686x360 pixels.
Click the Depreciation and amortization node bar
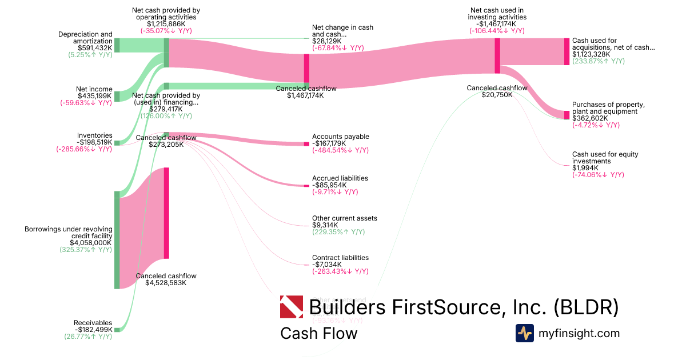(117, 45)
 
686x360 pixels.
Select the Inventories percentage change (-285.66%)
(84, 149)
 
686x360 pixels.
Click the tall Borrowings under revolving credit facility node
(117, 240)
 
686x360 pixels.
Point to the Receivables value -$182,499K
(94, 330)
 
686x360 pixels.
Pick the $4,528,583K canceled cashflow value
(166, 283)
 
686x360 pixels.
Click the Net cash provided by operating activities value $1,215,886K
(166, 24)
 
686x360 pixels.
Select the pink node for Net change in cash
(306, 68)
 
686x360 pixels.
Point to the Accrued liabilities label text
(340, 178)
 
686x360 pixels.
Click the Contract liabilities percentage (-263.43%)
(340, 271)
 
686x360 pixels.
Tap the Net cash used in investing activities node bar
(497, 55)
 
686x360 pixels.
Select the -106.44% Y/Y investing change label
(497, 31)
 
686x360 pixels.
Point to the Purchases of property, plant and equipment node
(567, 115)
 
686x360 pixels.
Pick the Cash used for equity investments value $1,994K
(585, 168)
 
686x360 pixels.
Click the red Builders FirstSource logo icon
(292, 307)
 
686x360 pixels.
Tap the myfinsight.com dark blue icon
(525, 333)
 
